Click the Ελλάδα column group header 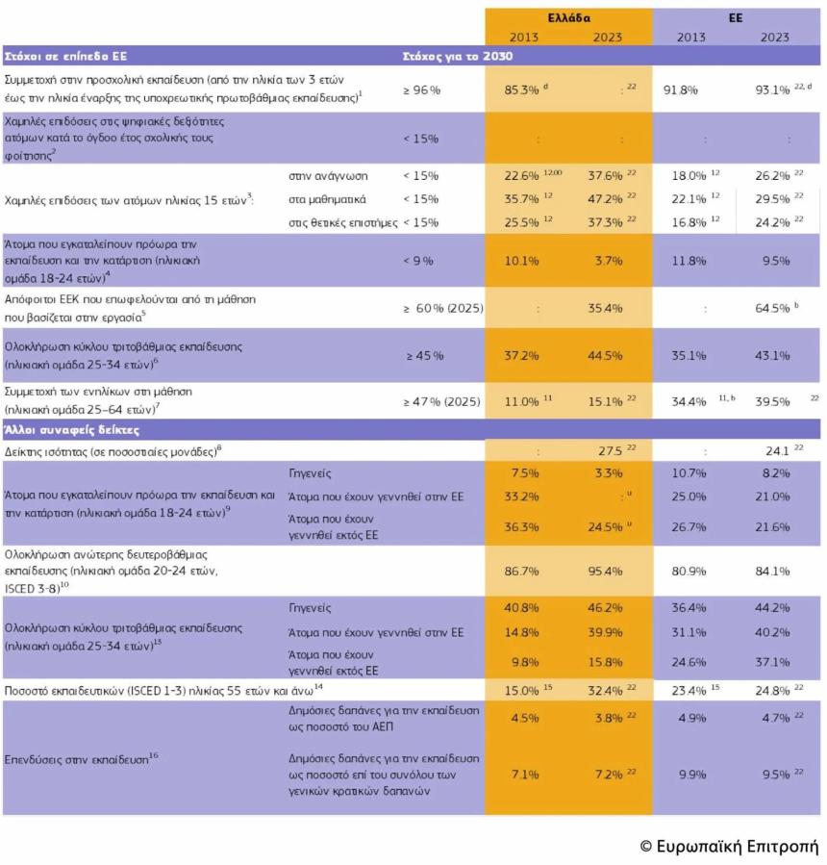tap(569, 18)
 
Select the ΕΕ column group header tap(735, 18)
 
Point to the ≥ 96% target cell tap(422, 89)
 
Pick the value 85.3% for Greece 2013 tap(521, 89)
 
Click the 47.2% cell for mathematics tap(605, 199)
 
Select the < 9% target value tap(420, 259)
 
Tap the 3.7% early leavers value tap(605, 259)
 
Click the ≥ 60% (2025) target tap(443, 308)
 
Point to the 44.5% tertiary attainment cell tap(605, 356)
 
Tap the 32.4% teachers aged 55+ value tap(605, 690)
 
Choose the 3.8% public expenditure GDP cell tap(605, 718)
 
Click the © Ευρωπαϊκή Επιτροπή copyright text tap(729, 846)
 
